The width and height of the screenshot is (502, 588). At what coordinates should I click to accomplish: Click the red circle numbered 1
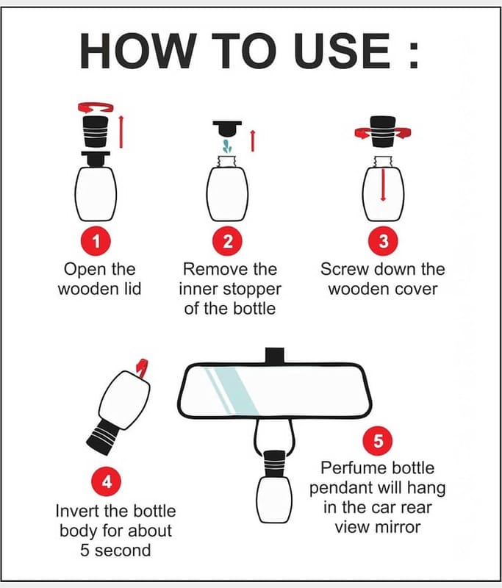pos(96,241)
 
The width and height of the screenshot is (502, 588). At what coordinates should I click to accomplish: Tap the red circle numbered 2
pos(228,241)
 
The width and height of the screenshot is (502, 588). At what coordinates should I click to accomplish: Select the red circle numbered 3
pos(383,241)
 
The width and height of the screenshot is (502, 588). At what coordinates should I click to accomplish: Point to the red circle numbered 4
pos(107,481)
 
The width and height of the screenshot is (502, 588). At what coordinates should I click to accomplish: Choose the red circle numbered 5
pos(378,440)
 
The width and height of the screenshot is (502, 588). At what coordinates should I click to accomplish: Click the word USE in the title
pos(342,51)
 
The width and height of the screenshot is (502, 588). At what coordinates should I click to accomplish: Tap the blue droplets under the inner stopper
pos(226,146)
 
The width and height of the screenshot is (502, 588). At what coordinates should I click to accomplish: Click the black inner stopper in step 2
pos(227,128)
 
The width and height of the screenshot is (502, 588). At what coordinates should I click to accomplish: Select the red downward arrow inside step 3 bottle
pos(383,184)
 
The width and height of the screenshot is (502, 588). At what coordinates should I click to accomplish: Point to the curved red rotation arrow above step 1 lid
pos(96,107)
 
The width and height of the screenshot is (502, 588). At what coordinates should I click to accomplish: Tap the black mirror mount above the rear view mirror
pos(274,356)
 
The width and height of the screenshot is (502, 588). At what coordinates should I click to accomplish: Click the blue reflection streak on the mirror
pos(232,391)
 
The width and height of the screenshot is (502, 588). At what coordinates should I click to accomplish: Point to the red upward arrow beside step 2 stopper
pos(253,140)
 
